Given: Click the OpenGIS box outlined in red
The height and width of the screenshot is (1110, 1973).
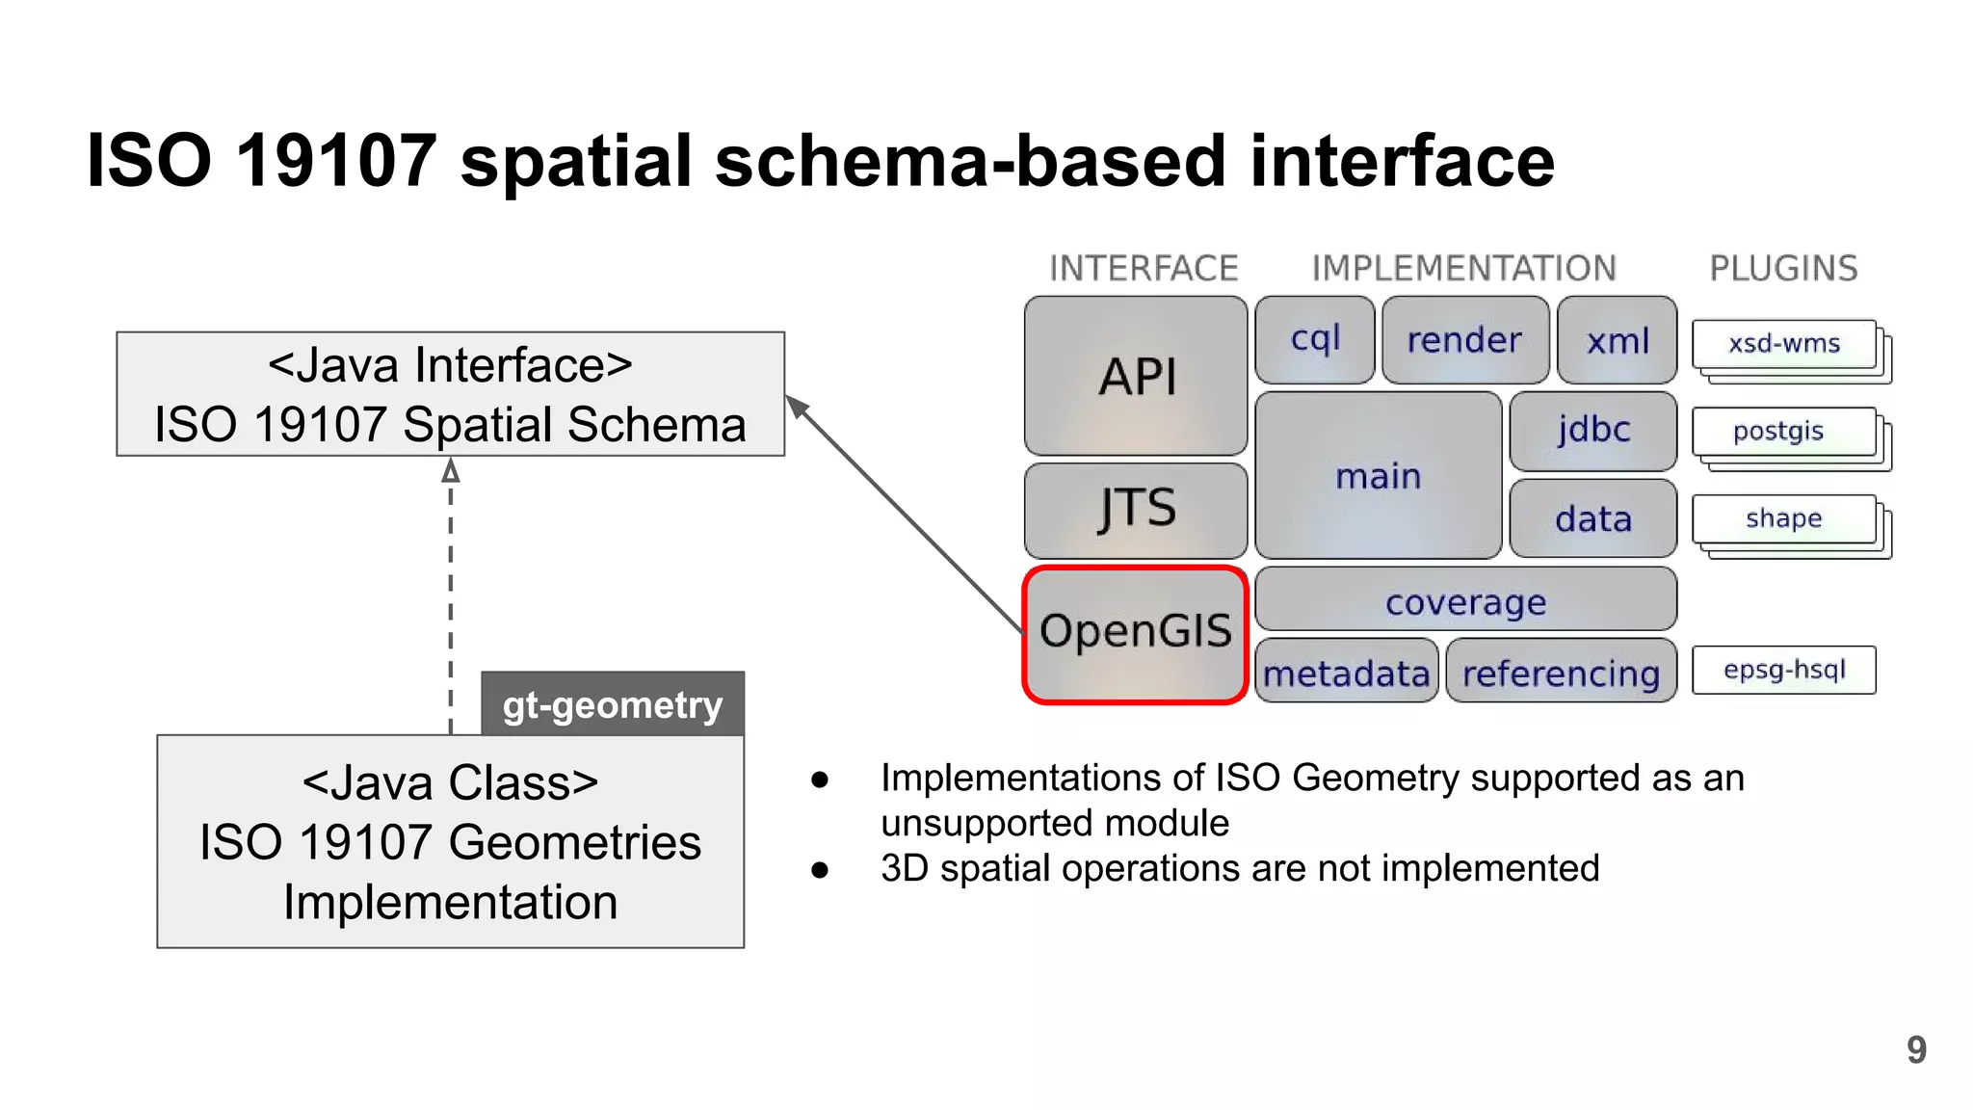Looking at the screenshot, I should click(x=1135, y=634).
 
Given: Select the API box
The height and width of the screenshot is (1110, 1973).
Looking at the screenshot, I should click(x=1136, y=376).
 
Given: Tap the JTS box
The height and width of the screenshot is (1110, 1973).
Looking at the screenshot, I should click(x=1136, y=510).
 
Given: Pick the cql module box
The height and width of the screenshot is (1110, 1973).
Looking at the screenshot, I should click(x=1315, y=339).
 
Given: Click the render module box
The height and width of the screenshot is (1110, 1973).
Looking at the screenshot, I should click(x=1464, y=340).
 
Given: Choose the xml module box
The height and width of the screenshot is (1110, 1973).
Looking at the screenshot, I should click(x=1618, y=340).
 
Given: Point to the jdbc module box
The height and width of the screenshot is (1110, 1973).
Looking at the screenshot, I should click(x=1593, y=430).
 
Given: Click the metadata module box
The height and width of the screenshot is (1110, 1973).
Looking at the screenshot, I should click(x=1346, y=672).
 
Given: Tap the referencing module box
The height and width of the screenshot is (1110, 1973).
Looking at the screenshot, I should click(x=1561, y=672).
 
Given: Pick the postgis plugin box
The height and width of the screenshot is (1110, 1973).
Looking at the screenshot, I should click(x=1782, y=432).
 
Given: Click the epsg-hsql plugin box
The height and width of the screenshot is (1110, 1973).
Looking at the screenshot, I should click(x=1783, y=670).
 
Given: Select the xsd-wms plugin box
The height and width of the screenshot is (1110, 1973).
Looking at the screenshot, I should click(x=1783, y=344).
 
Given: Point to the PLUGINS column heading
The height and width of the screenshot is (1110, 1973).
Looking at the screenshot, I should click(x=1783, y=268).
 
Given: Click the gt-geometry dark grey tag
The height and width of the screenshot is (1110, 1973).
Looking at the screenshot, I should click(x=613, y=704).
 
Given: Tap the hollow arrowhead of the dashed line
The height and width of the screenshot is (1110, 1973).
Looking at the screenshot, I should click(x=451, y=471).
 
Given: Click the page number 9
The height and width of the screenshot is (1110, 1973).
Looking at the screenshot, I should click(x=1916, y=1049).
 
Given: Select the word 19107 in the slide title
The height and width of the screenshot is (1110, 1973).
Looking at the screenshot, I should click(x=336, y=160).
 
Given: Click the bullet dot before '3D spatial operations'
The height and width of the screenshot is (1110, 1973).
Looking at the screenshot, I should click(x=820, y=870).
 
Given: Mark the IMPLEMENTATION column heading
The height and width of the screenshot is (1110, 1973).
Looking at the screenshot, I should click(x=1463, y=268).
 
